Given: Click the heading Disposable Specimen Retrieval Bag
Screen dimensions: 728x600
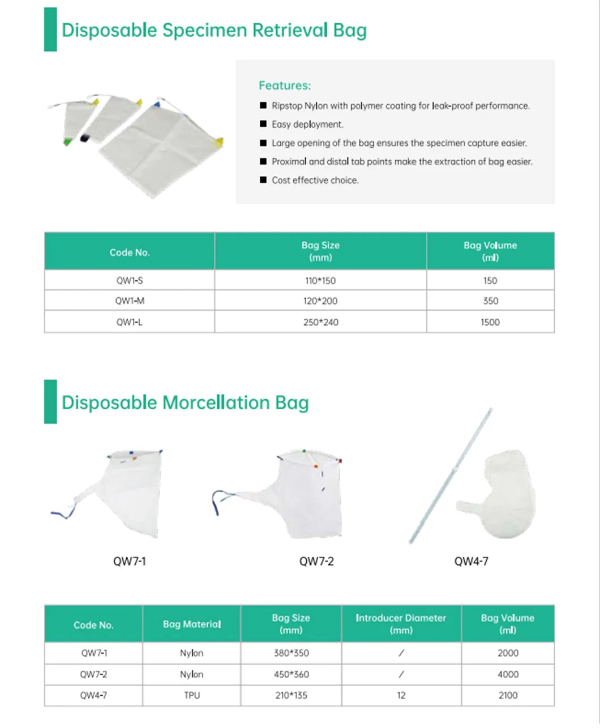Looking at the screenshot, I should click(214, 30).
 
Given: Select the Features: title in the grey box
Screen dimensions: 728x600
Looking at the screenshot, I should click(285, 85).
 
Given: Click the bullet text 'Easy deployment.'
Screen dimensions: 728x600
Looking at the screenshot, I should click(307, 125).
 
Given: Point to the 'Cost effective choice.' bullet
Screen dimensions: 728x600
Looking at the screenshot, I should click(315, 181).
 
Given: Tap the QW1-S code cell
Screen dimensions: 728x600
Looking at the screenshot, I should click(129, 280).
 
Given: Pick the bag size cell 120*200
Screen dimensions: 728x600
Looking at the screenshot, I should click(320, 301).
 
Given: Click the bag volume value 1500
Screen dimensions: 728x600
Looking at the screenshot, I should click(490, 322).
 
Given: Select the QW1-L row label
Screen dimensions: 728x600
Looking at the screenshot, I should click(129, 322).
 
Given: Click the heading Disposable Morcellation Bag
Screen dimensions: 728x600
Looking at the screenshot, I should click(185, 403).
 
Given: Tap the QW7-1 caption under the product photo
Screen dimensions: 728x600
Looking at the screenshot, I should click(130, 562).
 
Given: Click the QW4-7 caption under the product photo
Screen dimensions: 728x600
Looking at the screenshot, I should click(471, 562).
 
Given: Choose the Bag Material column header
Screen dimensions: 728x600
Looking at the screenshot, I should click(191, 624).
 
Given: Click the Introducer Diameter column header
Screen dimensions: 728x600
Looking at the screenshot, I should click(401, 624).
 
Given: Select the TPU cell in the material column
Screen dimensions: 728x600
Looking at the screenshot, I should click(191, 695).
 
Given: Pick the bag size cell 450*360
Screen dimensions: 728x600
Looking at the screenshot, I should click(290, 674).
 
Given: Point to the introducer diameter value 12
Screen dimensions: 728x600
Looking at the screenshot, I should click(401, 695).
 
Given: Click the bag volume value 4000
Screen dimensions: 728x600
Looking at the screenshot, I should click(508, 674).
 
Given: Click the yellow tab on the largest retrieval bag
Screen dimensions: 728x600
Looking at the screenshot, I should click(220, 141).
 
